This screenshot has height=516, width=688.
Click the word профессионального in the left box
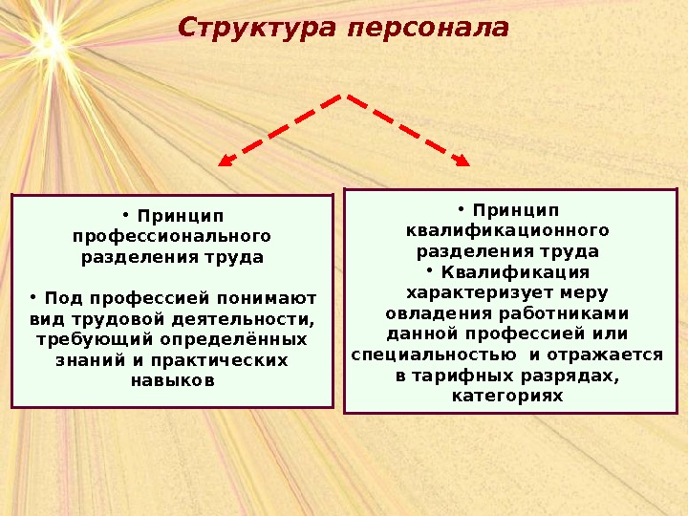tap(172, 235)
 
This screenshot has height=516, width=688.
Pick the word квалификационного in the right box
tap(507, 230)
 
